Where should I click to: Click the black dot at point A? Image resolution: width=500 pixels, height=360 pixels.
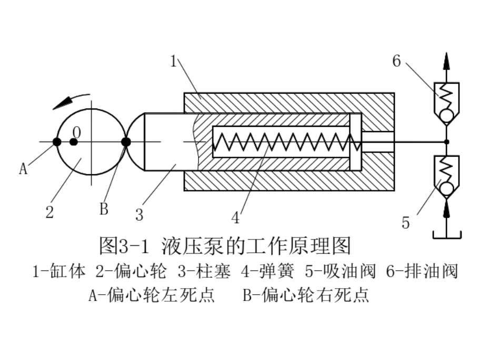[x=57, y=142]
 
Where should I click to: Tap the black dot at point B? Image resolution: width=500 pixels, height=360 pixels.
[x=126, y=142]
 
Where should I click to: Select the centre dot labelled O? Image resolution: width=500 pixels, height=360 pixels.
[x=74, y=142]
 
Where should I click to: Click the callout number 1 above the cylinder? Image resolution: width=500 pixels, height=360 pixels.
[x=173, y=61]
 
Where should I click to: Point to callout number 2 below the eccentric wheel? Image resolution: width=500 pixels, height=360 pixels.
[x=49, y=212]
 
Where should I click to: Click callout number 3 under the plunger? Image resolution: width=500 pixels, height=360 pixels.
[x=139, y=215]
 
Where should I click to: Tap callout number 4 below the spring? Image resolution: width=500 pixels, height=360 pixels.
[x=235, y=218]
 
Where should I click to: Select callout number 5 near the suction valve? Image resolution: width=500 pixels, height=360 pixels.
[x=405, y=223]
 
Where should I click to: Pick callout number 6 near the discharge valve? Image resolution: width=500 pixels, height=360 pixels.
[x=396, y=61]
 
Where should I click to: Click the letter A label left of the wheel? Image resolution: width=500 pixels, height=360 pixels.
[x=23, y=168]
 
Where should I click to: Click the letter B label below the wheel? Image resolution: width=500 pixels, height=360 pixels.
[x=104, y=209]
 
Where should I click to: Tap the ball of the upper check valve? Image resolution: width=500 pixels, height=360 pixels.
[x=446, y=115]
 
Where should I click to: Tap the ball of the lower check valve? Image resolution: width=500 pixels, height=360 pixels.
[x=446, y=189]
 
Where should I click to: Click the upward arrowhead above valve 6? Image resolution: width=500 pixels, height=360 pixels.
[x=446, y=61]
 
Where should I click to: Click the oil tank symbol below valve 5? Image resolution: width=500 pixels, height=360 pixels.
[x=447, y=235]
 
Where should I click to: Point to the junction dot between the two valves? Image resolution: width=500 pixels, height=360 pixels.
[x=447, y=142]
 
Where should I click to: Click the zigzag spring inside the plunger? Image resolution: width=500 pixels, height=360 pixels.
[x=287, y=142]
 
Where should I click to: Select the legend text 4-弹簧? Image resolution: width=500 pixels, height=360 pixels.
[x=267, y=272]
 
